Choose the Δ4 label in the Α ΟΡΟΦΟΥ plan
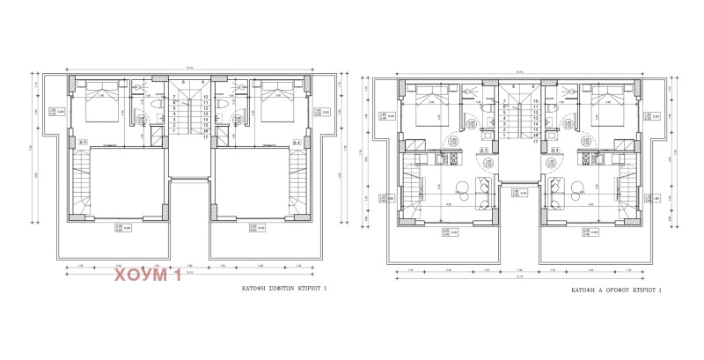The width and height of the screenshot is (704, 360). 558,151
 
